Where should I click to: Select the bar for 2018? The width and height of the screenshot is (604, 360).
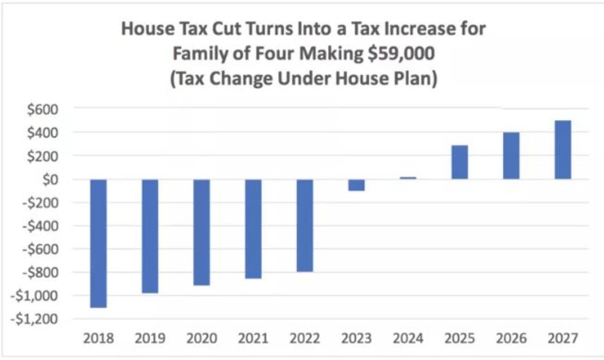pos(99,243)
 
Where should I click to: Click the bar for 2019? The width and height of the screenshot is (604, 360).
pos(150,236)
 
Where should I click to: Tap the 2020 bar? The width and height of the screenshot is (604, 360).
pos(202,232)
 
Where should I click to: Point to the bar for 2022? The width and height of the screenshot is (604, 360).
pos(305,226)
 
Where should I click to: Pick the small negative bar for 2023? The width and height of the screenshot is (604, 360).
pos(356,185)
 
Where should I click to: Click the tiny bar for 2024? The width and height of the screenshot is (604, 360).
pos(408,178)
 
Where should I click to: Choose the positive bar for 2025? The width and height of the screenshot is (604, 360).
pos(460,162)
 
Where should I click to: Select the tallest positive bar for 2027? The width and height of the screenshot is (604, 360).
pos(563,150)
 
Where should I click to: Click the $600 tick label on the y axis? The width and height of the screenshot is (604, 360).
pos(43,109)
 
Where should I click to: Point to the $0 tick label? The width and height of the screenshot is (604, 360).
pos(50,180)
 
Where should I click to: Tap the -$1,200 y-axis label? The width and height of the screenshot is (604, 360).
pos(34,319)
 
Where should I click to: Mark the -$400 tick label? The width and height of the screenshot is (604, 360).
pos(40,226)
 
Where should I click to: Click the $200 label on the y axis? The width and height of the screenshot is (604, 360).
pos(43,156)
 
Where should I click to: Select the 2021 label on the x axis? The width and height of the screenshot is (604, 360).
pos(253,338)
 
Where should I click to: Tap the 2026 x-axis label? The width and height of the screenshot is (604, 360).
pos(511,338)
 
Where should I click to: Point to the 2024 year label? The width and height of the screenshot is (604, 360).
pos(408,338)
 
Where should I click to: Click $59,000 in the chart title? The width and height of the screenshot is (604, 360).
pos(401,53)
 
